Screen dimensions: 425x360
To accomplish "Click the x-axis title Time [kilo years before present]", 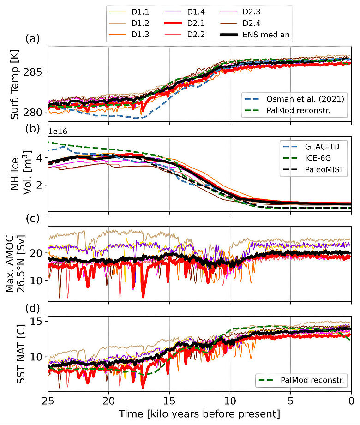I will pos(199,413).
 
